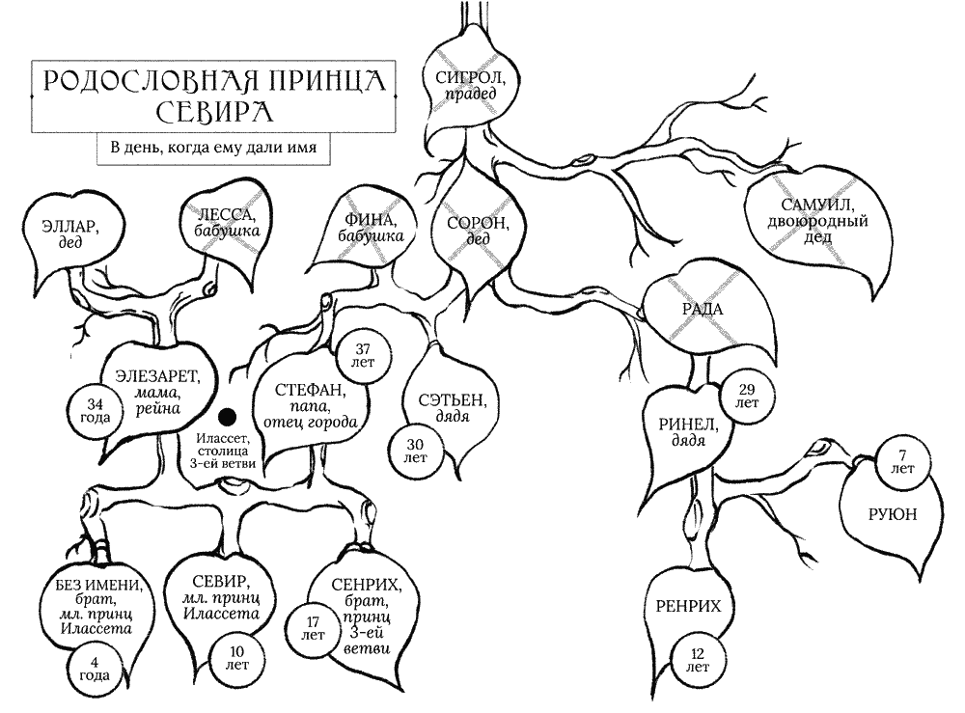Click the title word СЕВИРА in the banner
click(215, 112)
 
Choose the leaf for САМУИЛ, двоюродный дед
click(818, 214)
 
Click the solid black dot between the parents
click(227, 417)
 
